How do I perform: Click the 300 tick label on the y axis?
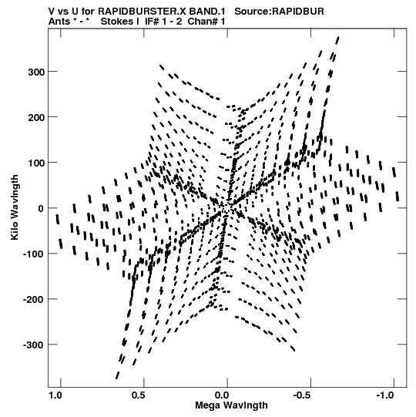(x=37, y=72)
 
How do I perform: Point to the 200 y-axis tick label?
(x=37, y=117)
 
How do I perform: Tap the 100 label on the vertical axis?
(x=37, y=163)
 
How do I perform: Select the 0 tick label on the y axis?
(x=41, y=208)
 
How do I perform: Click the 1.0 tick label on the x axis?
(x=55, y=395)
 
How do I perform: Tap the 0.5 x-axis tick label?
(x=139, y=395)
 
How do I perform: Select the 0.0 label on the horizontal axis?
(x=222, y=395)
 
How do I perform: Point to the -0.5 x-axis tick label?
(x=303, y=395)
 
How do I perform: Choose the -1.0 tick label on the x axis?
(x=385, y=395)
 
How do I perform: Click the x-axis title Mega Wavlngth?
(x=231, y=405)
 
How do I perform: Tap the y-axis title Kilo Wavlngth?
(x=15, y=207)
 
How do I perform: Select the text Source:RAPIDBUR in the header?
(x=280, y=12)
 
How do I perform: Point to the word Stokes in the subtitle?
(x=120, y=22)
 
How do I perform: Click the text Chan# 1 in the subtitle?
(x=206, y=22)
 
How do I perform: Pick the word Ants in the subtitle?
(x=59, y=22)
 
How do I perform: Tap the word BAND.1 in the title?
(x=207, y=12)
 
